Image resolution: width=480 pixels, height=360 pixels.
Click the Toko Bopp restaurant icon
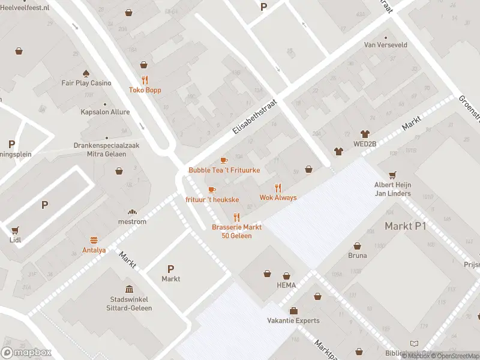(145, 80)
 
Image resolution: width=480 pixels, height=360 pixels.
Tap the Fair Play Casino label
(86, 83)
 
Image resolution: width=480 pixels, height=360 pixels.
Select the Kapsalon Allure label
(105, 112)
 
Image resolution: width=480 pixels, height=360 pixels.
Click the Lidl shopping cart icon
(15, 230)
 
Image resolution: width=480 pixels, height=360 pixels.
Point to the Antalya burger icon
(94, 240)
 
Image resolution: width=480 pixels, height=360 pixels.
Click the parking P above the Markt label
(170, 269)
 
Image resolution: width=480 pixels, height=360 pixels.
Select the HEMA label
(286, 286)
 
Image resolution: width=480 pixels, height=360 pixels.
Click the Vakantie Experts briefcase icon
(293, 310)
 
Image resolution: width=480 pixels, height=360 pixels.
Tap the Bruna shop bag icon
(357, 245)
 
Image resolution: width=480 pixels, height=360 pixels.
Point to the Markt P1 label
(405, 226)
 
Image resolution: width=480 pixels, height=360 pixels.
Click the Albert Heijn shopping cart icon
(392, 175)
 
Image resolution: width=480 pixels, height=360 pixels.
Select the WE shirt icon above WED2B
(364, 134)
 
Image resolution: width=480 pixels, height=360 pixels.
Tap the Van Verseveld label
(386, 45)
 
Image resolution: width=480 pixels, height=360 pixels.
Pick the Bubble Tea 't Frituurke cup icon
(224, 160)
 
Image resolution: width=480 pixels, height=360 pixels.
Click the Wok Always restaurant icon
(278, 187)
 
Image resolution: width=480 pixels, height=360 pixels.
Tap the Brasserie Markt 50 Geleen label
(236, 231)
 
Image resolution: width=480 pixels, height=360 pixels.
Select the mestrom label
(133, 221)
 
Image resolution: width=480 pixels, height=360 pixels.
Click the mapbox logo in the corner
(26, 353)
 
